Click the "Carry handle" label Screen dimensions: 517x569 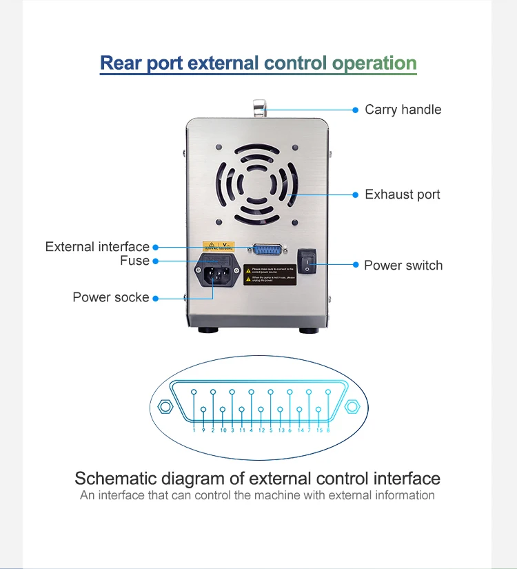click(403, 110)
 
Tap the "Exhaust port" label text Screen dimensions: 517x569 click(403, 194)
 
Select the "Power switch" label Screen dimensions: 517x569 click(403, 266)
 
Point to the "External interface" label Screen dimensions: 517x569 click(97, 247)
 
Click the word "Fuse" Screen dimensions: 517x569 click(134, 261)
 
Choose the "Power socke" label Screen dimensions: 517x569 click(111, 297)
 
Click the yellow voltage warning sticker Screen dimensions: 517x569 click(217, 246)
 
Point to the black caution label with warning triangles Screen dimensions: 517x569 click(271, 274)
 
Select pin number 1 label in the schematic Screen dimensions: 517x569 click(194, 430)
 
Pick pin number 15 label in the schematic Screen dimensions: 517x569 click(319, 430)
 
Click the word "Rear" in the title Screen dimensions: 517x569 click(121, 63)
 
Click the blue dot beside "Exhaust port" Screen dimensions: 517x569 click(356, 195)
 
